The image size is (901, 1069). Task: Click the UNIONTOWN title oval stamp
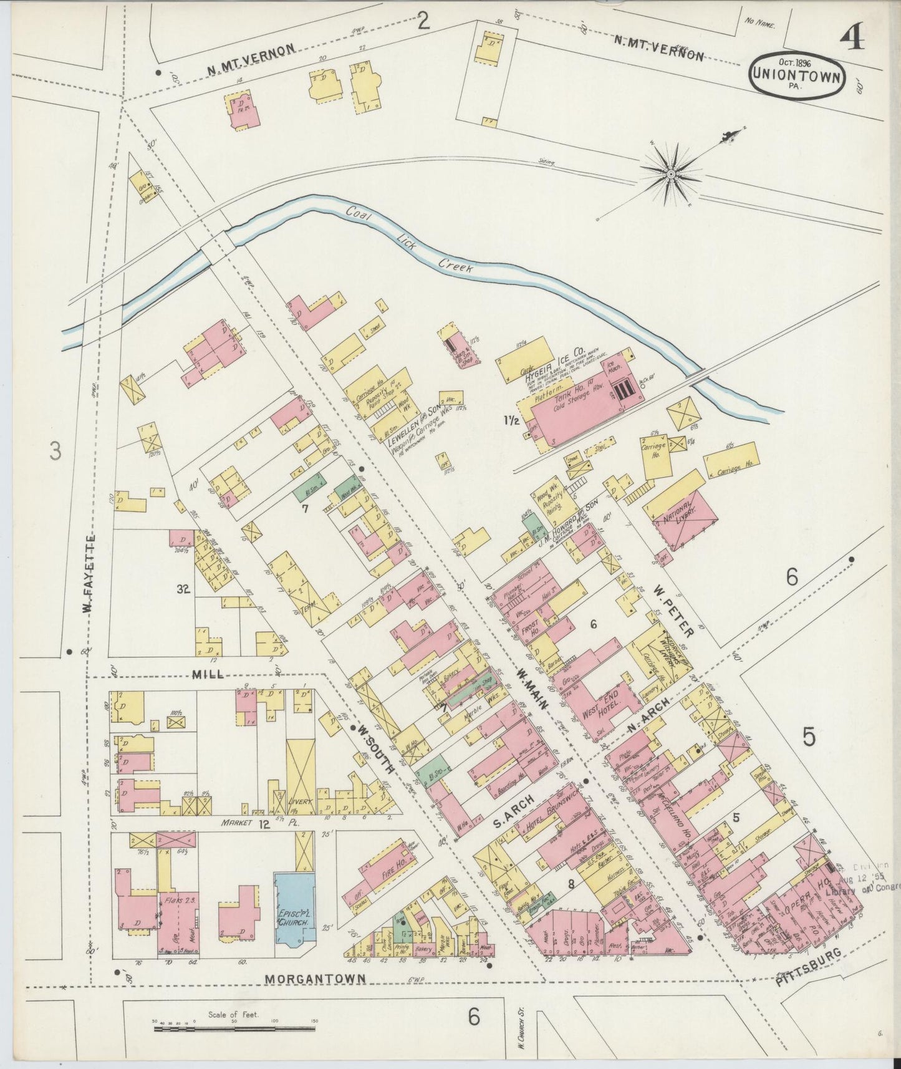pyautogui.click(x=798, y=74)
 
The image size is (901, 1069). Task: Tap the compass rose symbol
pyautogui.click(x=671, y=172)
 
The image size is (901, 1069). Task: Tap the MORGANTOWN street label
pyautogui.click(x=315, y=979)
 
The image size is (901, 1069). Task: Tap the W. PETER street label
pyautogui.click(x=673, y=609)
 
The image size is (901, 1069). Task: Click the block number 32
pyautogui.click(x=183, y=588)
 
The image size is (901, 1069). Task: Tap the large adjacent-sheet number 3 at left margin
pyautogui.click(x=55, y=450)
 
